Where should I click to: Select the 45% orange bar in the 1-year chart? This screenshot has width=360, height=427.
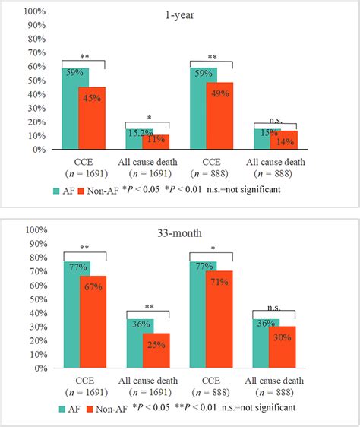[92, 119]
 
